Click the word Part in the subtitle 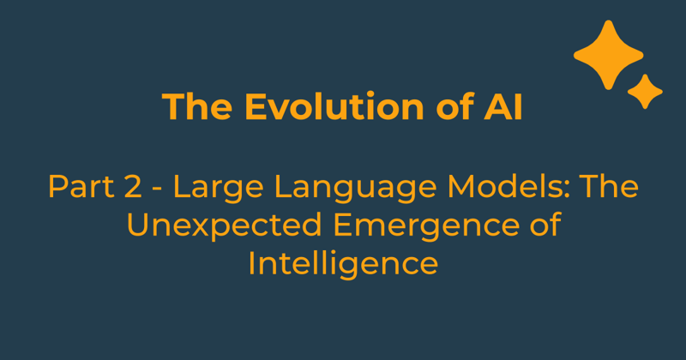click(x=75, y=188)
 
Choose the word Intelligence click(x=343, y=264)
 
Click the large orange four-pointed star click(x=608, y=54)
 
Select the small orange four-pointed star click(x=645, y=91)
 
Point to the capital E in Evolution click(x=255, y=107)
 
